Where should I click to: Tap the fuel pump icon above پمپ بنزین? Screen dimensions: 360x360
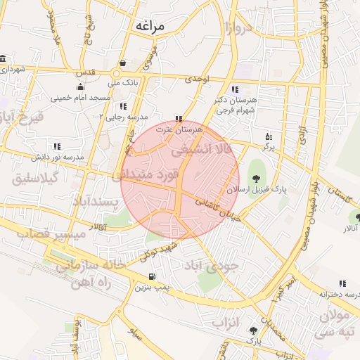pos(153,276)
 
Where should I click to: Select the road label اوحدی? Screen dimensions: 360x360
pos(197,81)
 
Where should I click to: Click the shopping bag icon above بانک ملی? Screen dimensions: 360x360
pos(123,62)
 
